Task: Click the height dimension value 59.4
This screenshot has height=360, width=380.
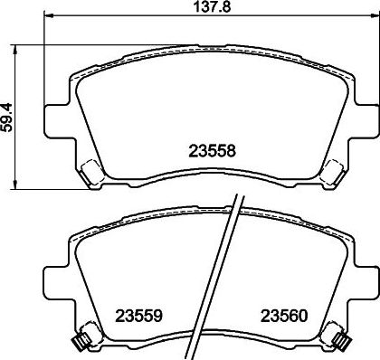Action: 8,115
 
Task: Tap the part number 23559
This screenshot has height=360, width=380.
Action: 138,317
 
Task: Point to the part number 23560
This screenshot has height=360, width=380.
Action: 285,317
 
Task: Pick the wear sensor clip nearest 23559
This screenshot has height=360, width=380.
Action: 80,340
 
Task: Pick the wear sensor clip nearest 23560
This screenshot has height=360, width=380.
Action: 342,340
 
